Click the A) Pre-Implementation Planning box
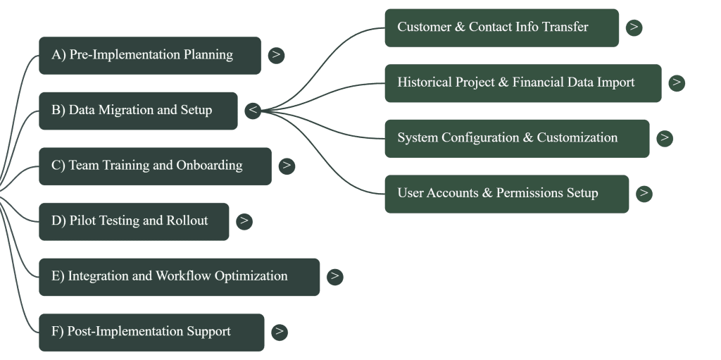(x=149, y=55)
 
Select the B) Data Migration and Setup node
(x=138, y=111)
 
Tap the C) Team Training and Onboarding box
(x=155, y=166)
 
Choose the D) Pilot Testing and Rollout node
(x=134, y=221)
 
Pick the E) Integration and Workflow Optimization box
(x=179, y=277)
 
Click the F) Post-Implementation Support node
(x=151, y=332)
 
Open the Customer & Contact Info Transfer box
(x=501, y=27)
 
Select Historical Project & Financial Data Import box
(x=522, y=83)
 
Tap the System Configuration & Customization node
(x=517, y=138)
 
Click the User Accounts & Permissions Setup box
(x=506, y=194)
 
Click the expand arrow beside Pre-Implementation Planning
(x=276, y=55)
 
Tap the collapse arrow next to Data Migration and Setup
(x=253, y=111)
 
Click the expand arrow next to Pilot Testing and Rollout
(x=244, y=221)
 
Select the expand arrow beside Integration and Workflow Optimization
(x=334, y=277)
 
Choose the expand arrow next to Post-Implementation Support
(x=279, y=332)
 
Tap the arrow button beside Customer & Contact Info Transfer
(x=634, y=27)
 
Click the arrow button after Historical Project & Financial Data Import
(x=677, y=83)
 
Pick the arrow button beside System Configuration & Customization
(x=664, y=138)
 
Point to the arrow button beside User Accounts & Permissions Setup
(x=644, y=194)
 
